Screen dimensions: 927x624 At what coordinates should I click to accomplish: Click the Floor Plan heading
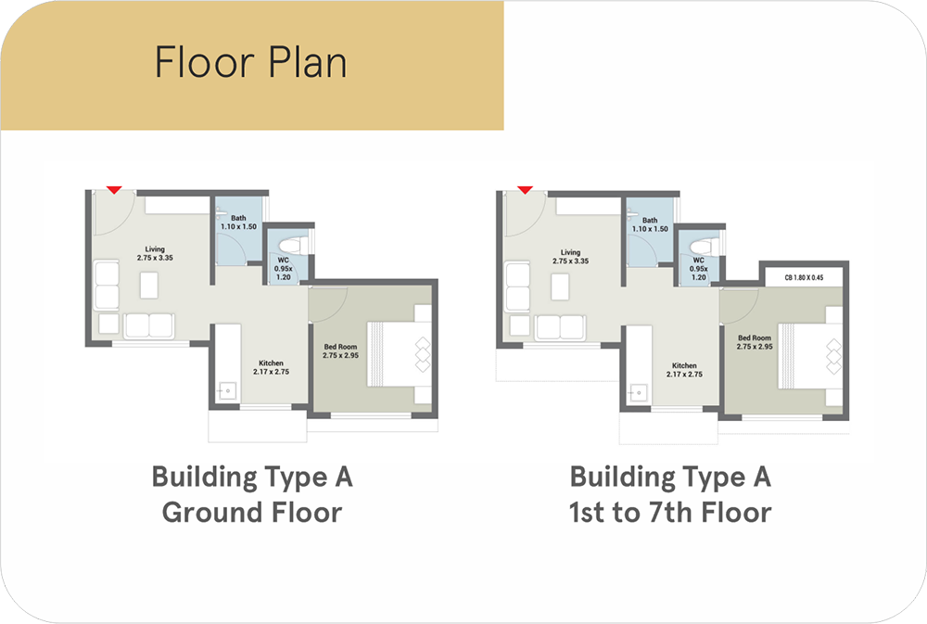(250, 62)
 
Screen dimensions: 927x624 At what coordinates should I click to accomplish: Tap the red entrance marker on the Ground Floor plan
(114, 190)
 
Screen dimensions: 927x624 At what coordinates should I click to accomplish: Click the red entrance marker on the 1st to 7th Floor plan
(525, 190)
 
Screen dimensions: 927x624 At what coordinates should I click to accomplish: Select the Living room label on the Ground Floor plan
(155, 254)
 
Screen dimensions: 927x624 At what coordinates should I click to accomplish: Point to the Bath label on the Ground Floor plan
(238, 223)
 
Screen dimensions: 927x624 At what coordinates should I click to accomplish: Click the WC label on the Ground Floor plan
(284, 269)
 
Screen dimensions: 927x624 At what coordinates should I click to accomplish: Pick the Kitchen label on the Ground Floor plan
(271, 367)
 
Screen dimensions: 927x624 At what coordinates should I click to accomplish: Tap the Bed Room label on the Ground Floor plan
(340, 351)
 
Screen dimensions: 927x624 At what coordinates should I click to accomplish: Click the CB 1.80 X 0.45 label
(804, 277)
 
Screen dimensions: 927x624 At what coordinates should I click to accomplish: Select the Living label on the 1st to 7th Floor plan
(570, 257)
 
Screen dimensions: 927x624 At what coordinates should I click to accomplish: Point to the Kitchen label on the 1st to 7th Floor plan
(684, 370)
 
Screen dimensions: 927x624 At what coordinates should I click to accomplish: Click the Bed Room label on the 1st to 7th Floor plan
(755, 342)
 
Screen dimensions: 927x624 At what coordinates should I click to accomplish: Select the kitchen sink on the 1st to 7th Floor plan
(639, 393)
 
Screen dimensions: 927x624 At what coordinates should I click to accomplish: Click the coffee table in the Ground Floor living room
(149, 285)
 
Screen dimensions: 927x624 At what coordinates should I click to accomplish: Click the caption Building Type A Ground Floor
(252, 495)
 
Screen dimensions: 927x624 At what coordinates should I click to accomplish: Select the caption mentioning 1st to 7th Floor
(670, 495)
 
